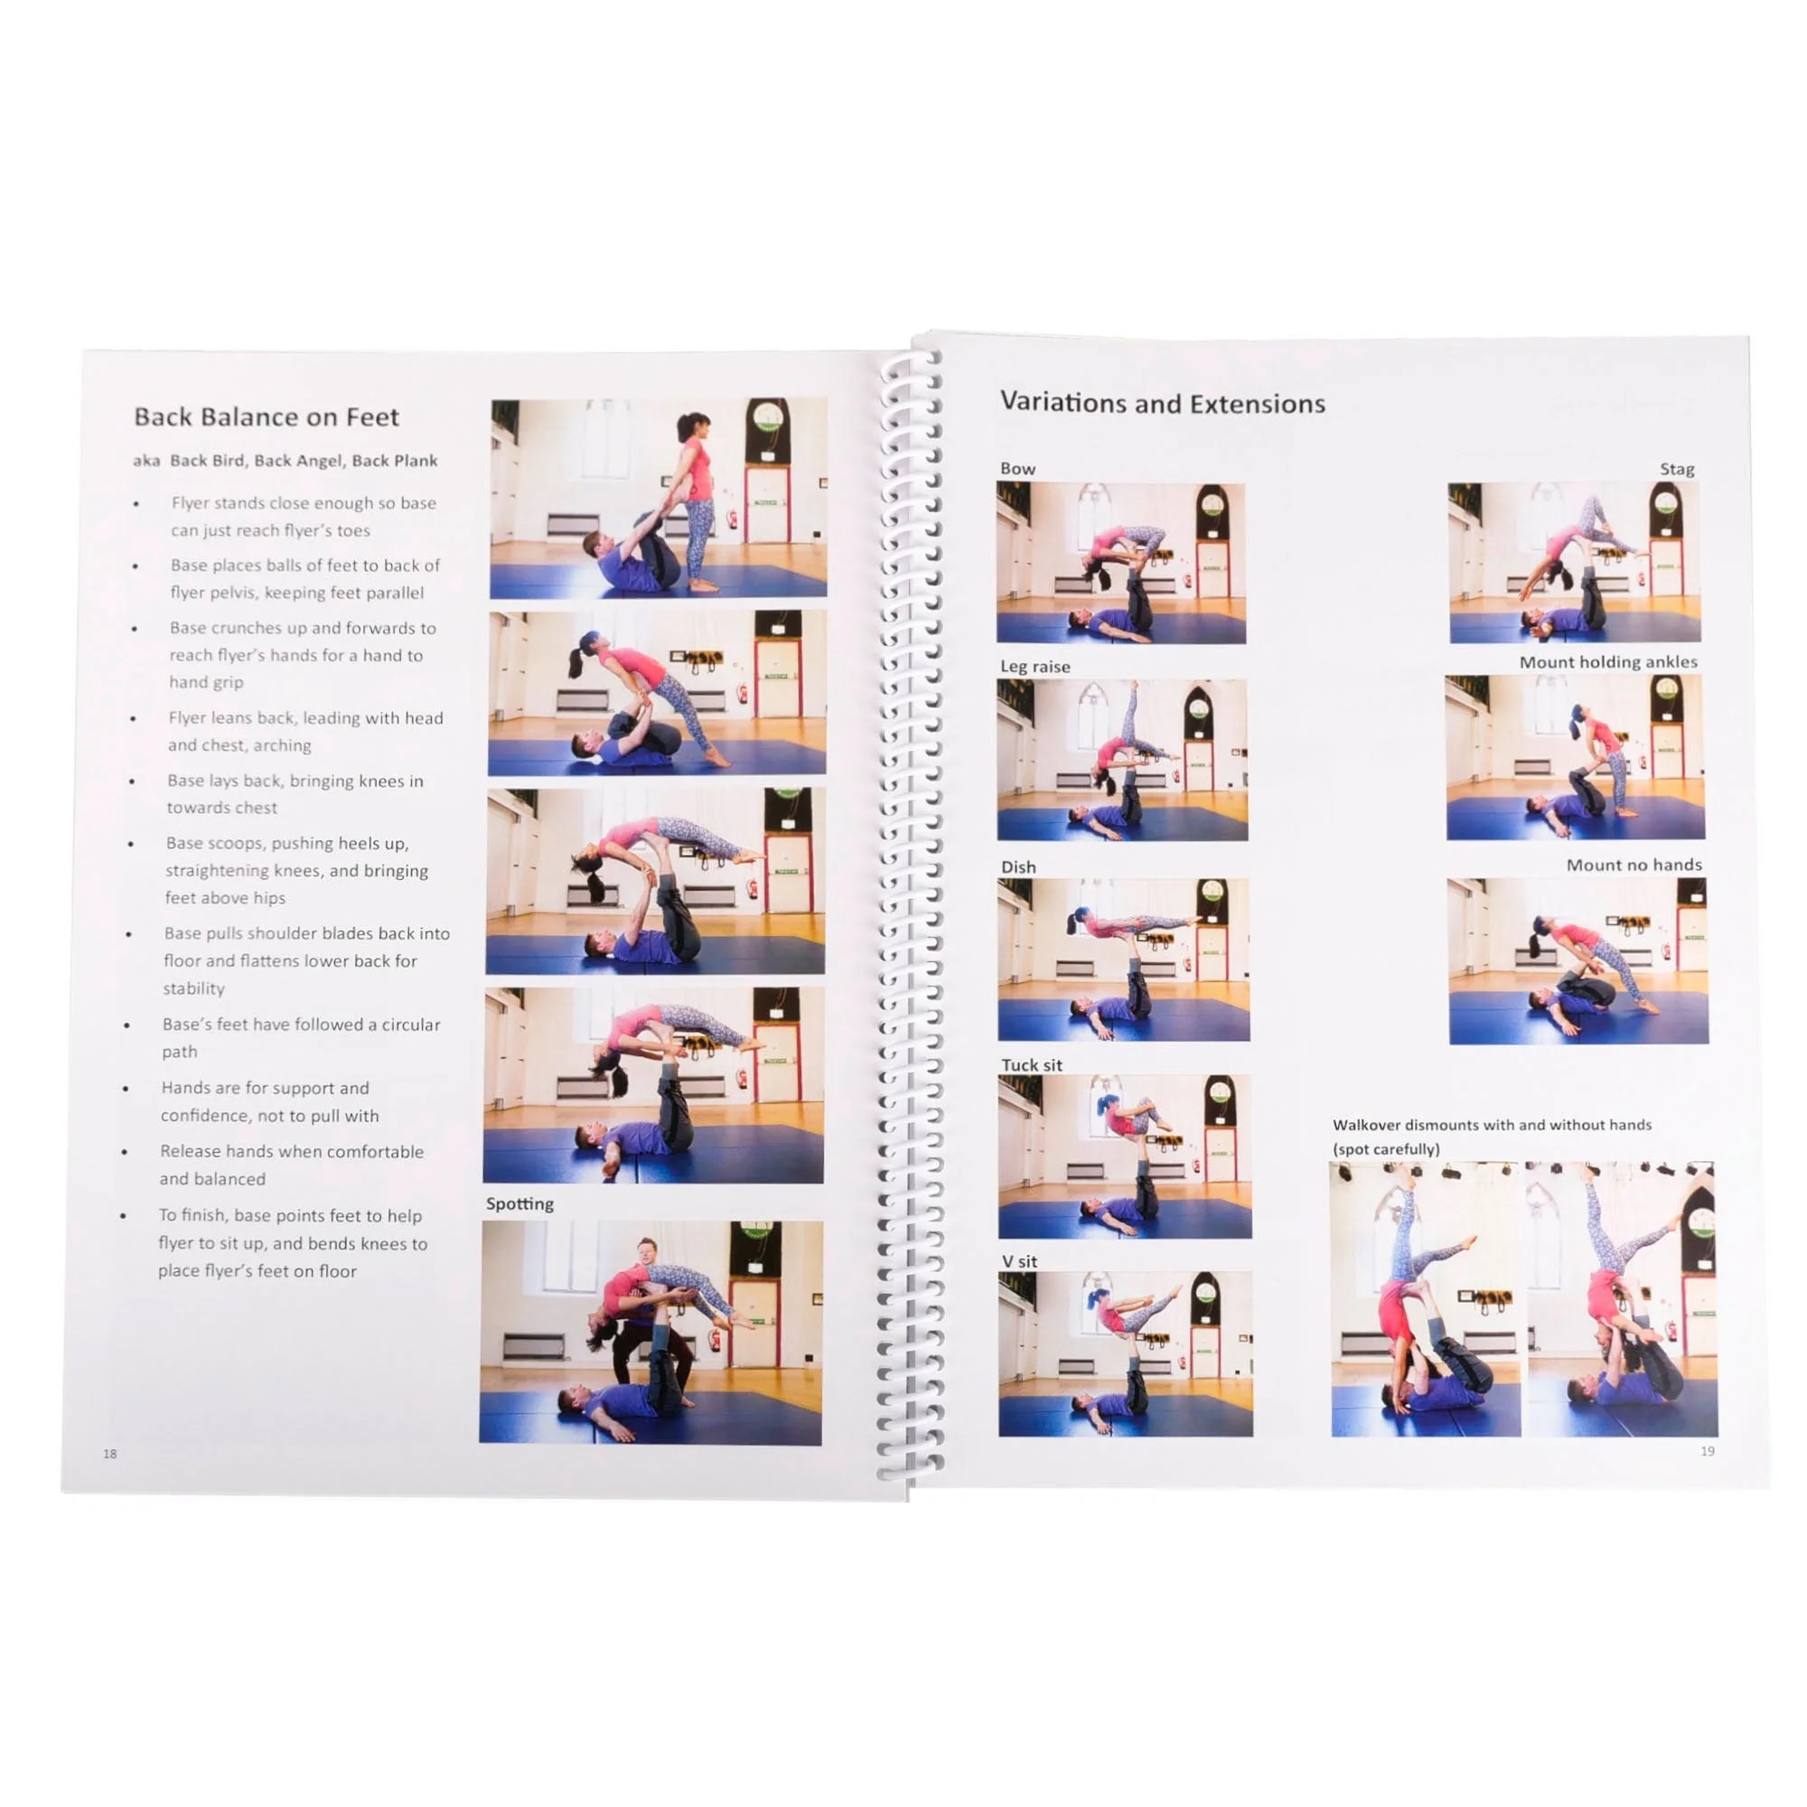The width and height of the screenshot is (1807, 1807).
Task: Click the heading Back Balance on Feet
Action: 267,417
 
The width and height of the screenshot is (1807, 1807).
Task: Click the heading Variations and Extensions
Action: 1163,403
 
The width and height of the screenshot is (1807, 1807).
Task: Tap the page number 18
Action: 110,1454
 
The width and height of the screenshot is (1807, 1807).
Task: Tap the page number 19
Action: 1707,1451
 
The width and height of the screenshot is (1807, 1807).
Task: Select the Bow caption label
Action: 1017,469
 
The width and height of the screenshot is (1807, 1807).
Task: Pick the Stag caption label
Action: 1677,469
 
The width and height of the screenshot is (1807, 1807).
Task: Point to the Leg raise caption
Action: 1035,666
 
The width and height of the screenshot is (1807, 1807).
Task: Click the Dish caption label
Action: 1018,867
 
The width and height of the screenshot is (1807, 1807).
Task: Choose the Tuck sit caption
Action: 1032,1064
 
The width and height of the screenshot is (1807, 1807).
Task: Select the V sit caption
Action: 1019,1260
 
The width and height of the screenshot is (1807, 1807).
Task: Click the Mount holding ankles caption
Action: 1608,661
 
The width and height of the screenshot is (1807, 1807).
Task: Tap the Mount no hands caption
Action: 1634,865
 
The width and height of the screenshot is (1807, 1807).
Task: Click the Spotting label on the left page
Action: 520,1203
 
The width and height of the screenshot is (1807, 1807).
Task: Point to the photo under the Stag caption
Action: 1574,562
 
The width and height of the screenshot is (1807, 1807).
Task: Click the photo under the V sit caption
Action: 1126,1353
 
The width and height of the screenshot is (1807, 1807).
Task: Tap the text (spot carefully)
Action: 1386,1148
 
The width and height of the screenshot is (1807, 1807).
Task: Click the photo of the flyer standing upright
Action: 659,498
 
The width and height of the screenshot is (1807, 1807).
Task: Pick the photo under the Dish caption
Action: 1123,959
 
